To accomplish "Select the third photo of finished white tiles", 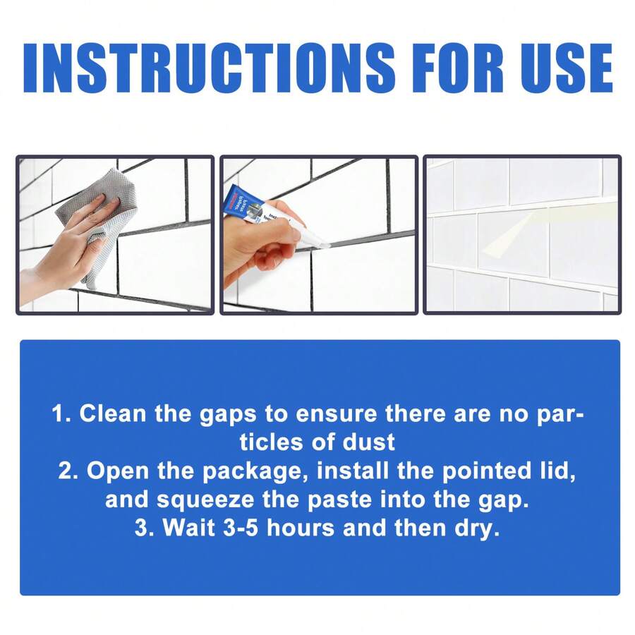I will [x=521, y=234].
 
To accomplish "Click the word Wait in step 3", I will [x=189, y=528].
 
